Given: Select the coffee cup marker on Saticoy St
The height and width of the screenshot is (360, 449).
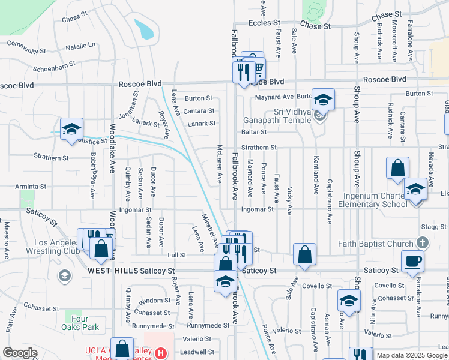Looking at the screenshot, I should coord(412,261).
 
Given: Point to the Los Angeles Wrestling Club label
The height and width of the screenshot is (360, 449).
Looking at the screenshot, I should coord(41,247).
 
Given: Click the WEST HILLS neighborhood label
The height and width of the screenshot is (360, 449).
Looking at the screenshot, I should coord(108,271).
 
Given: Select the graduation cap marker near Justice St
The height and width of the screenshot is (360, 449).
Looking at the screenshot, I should coord(71,129).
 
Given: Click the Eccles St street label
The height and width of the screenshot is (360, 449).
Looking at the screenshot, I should coord(265,22).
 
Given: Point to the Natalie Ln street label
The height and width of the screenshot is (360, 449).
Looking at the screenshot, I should coord(80,46).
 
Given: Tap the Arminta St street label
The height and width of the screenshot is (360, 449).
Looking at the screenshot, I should coord(31,187).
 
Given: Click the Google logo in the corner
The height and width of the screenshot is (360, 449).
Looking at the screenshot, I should coord(20,353).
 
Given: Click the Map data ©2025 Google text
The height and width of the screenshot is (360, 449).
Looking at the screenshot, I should coord(411,355).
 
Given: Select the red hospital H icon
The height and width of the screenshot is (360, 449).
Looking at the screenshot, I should coord(161,353).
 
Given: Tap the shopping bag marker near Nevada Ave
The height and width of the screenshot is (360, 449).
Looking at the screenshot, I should coord(397,169).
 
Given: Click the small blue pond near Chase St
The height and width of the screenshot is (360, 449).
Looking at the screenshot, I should coord(144,28).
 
